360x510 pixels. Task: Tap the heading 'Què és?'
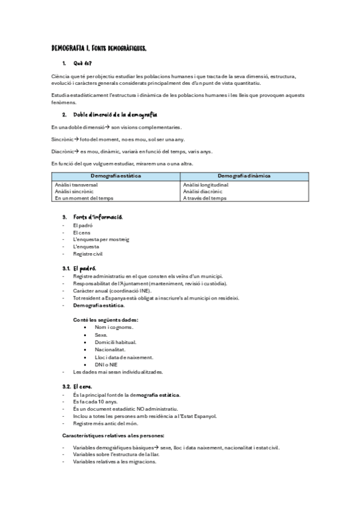(82, 63)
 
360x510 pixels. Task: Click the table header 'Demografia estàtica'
(116, 176)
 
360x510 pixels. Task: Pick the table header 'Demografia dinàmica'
(243, 176)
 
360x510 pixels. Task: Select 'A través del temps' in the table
(204, 198)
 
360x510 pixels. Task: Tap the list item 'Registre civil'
(88, 254)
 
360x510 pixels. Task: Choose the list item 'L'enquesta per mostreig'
(101, 239)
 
